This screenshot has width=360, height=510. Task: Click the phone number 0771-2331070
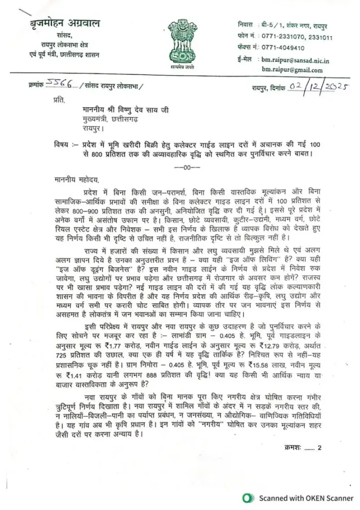279,36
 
